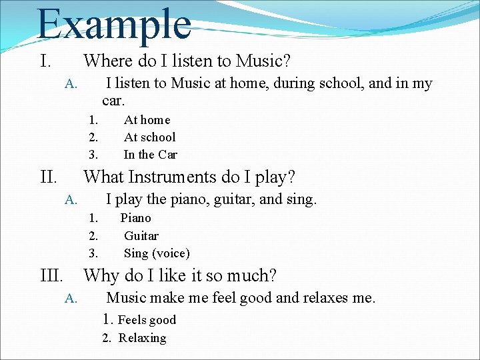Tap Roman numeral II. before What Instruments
click(48, 177)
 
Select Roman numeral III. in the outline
click(52, 275)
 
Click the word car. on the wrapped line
click(113, 101)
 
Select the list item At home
click(147, 120)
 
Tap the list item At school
click(149, 137)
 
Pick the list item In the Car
click(150, 155)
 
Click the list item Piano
click(135, 218)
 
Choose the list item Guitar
click(141, 236)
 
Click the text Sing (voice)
click(157, 253)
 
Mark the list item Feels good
click(147, 320)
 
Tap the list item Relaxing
click(142, 338)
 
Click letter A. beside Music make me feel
click(71, 299)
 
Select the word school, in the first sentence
click(339, 83)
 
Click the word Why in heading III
click(101, 275)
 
